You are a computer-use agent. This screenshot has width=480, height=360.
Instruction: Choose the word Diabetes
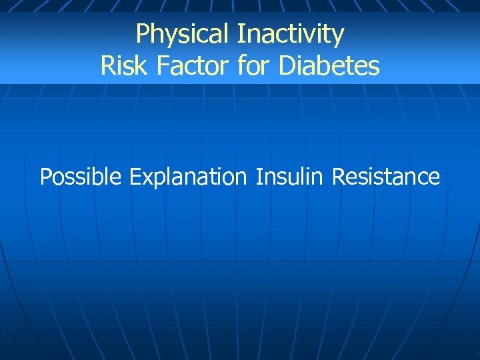pos(329,66)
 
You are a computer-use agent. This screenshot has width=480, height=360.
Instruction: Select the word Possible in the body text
pos(81,177)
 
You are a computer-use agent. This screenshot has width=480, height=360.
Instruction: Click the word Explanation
pos(188,177)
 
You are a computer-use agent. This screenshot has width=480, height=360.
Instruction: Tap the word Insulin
pos(289,177)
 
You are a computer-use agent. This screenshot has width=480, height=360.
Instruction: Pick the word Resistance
pos(386,177)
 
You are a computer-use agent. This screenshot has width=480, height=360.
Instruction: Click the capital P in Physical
pos(142,33)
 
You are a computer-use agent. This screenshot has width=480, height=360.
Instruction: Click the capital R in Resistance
pos(338,177)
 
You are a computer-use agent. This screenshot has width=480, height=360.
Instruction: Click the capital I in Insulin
pos(259,177)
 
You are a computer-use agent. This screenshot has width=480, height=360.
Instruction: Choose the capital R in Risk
pos(107,66)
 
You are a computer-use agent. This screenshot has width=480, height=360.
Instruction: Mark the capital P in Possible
pos(46,177)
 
